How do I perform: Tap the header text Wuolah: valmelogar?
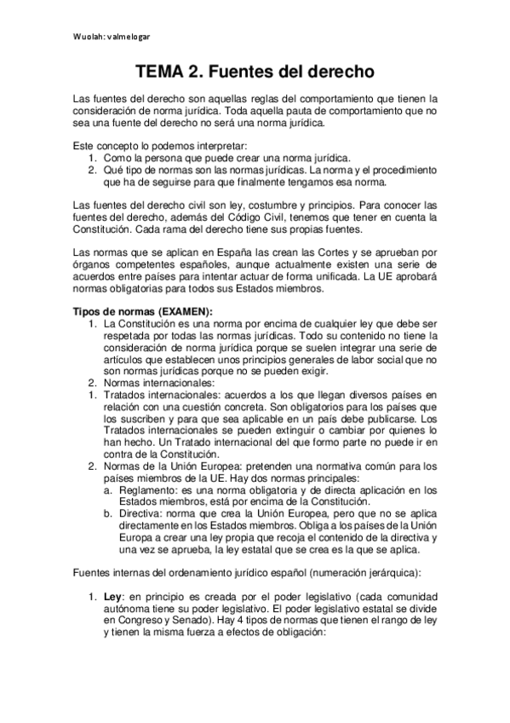[111, 38]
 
